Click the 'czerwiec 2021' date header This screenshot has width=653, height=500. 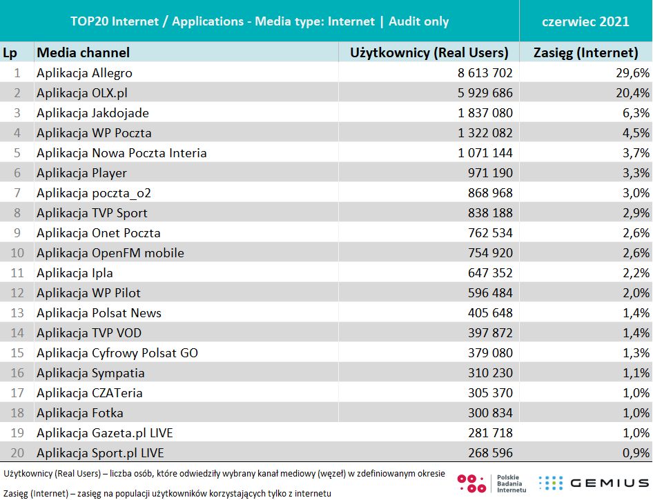585,21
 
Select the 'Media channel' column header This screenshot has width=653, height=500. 83,52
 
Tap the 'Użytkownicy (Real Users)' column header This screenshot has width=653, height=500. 429,52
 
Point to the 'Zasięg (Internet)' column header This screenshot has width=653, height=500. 586,52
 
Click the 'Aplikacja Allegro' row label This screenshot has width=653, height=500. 84,72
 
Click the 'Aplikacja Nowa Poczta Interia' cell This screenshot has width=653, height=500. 121,152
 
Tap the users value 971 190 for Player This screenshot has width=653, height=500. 486,172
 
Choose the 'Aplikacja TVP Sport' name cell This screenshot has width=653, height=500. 92,212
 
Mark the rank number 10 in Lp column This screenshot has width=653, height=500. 17,252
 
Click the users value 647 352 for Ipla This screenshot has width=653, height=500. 486,272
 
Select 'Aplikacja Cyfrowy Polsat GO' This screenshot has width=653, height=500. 117,352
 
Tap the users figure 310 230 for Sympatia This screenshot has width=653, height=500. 486,372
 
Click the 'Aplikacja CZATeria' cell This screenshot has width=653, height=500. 90,392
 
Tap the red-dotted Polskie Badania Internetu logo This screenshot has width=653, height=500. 472,483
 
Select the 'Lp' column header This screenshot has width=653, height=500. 10,52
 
